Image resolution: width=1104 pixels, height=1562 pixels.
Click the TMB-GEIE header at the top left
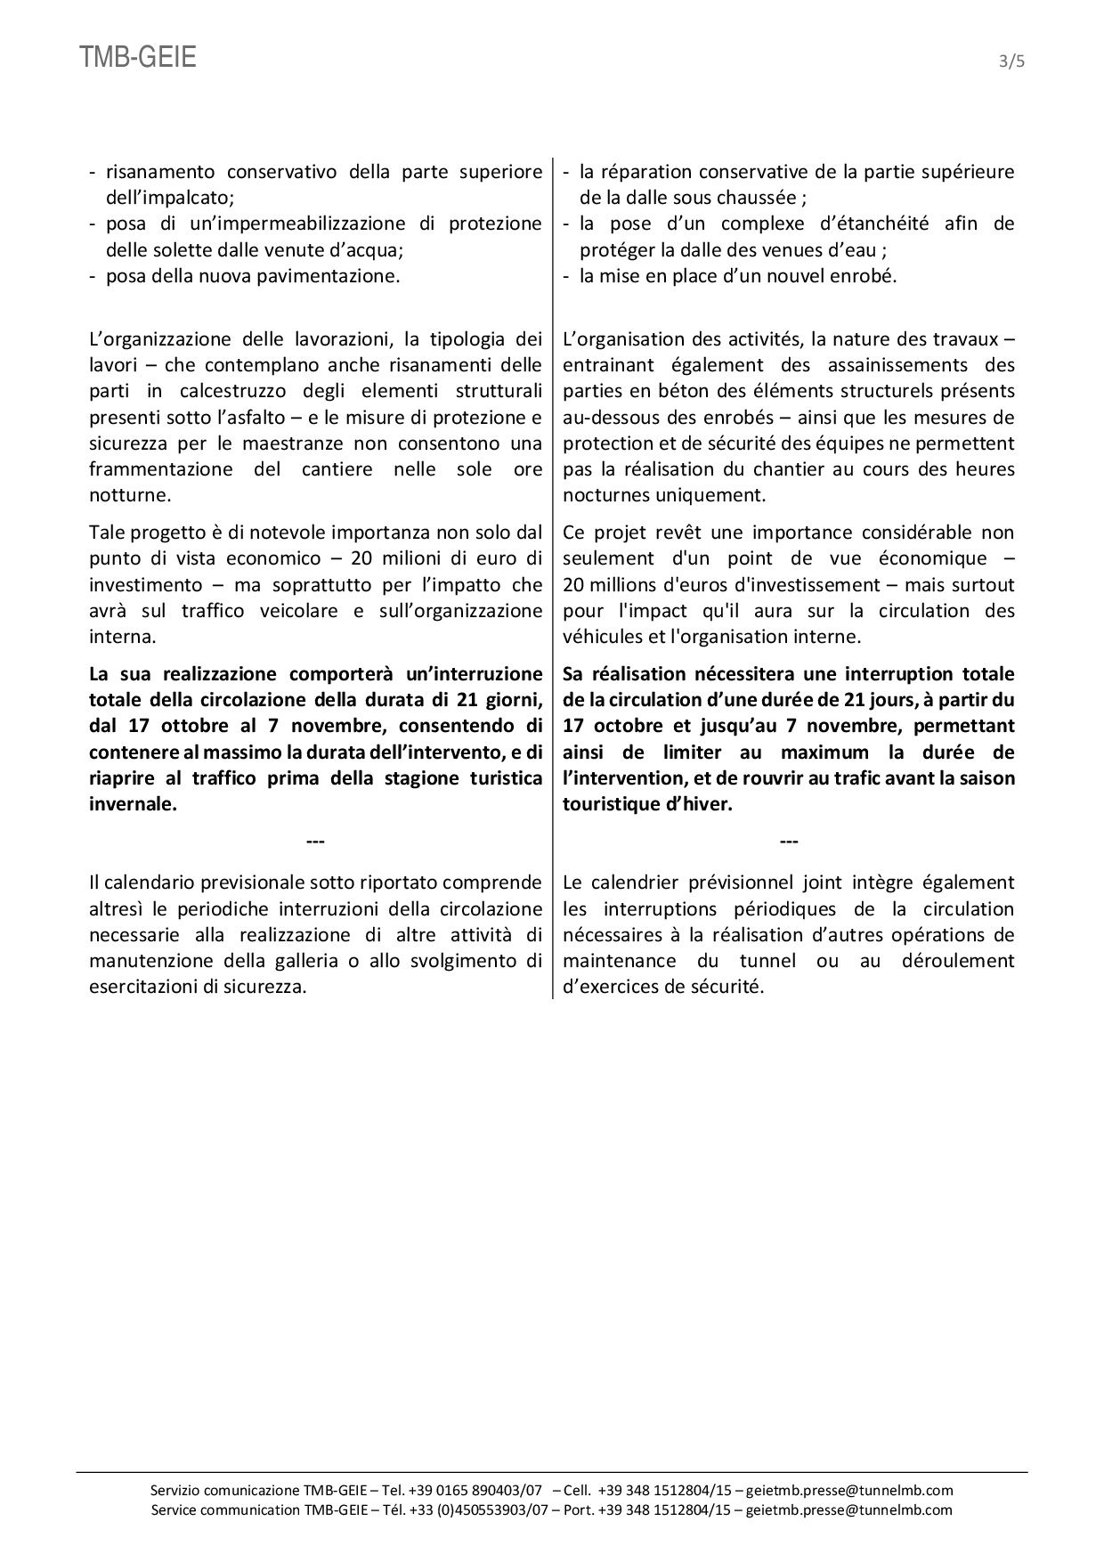click(x=138, y=58)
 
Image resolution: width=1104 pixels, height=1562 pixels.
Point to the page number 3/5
click(x=1013, y=61)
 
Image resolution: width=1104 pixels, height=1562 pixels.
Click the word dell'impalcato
click(x=169, y=198)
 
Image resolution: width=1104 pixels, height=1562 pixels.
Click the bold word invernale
click(x=133, y=804)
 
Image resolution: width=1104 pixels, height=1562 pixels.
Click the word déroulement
click(x=959, y=961)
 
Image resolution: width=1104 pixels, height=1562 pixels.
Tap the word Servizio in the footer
click(x=175, y=1491)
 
